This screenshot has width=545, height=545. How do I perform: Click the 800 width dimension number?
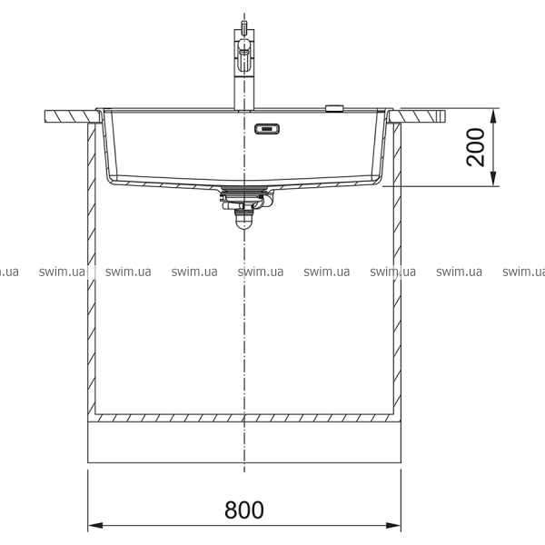pos(244,510)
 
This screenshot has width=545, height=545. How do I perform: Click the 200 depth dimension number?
pos(475,147)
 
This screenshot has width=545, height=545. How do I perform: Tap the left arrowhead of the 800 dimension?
pos(95,525)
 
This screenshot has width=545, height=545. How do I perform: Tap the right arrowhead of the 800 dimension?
pos(393,525)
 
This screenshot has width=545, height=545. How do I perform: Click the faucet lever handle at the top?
pos(243,55)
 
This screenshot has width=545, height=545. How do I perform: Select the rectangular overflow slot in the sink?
pos(267,129)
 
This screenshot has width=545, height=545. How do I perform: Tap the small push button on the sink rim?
pos(334,108)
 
